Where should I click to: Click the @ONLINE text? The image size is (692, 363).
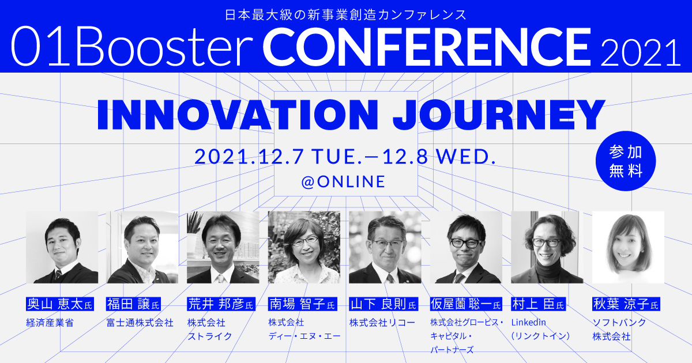tap(343, 182)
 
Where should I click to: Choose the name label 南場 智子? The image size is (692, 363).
tap(298, 304)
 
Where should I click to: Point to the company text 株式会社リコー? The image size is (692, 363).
tap(382, 322)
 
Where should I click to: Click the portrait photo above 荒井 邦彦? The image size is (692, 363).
tap(223, 247)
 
